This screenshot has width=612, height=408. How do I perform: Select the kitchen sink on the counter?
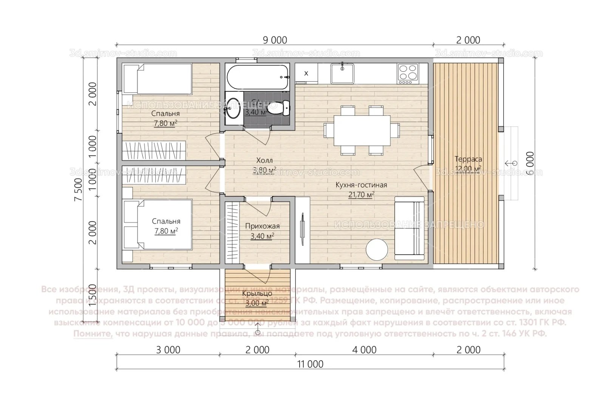342,73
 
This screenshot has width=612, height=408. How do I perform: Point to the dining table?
362,131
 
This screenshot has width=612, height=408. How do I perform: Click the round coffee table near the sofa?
377,249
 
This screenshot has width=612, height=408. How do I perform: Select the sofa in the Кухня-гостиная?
410,228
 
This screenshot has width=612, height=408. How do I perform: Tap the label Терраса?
468,159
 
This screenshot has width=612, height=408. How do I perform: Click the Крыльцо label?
257,294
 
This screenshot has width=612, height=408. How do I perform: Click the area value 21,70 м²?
361,195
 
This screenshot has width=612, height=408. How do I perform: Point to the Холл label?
264,161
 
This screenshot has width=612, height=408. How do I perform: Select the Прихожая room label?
262,226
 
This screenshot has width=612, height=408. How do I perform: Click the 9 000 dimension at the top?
275,40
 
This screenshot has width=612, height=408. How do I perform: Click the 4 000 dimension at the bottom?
364,350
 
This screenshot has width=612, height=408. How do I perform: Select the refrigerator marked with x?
306,73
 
